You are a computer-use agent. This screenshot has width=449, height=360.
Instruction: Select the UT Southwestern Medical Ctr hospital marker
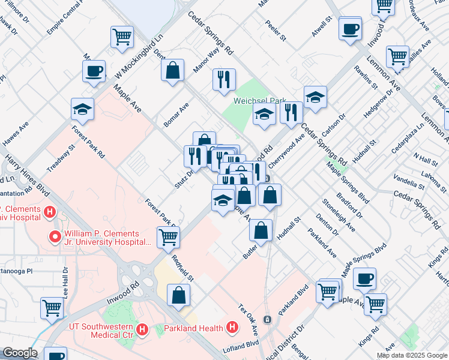(x=142, y=329)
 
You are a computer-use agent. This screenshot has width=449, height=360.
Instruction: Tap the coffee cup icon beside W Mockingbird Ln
(x=94, y=71)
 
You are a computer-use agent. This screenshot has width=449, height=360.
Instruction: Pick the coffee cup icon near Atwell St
(x=350, y=28)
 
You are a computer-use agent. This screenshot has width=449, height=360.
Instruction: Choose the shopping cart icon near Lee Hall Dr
(x=52, y=308)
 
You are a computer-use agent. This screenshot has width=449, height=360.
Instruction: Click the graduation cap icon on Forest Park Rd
(x=83, y=109)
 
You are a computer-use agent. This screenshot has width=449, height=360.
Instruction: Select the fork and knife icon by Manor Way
(x=224, y=79)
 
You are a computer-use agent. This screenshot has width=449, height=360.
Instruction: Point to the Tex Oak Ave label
(x=248, y=321)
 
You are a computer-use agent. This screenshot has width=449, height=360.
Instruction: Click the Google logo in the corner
(x=19, y=353)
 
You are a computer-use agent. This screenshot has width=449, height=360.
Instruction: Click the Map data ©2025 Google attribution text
(x=411, y=355)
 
